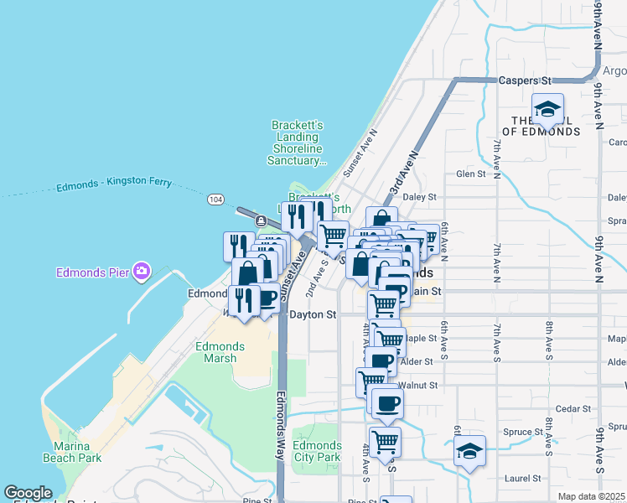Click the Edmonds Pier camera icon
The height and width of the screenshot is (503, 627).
(x=142, y=271)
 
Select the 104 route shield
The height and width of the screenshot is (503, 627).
(x=215, y=200)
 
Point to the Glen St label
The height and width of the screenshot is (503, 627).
(x=471, y=174)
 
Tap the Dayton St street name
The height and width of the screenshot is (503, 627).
(x=313, y=315)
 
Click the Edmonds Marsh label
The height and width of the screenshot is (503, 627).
(x=220, y=352)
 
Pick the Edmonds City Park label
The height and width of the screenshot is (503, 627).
(x=318, y=451)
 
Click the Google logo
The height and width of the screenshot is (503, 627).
(x=28, y=493)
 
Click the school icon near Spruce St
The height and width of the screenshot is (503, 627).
(x=470, y=450)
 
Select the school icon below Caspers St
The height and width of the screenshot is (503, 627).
(x=547, y=109)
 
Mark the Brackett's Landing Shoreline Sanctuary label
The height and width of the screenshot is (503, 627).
(x=297, y=143)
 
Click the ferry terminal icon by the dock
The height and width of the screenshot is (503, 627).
(x=262, y=221)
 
